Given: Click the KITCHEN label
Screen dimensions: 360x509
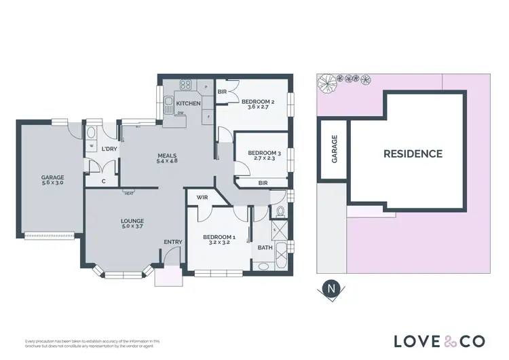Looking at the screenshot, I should (x=188, y=103).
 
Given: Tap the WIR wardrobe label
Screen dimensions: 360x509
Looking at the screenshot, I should (x=202, y=198).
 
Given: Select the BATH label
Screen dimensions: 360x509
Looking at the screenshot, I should (x=264, y=248).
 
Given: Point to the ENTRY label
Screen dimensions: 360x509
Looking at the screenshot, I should (x=172, y=242).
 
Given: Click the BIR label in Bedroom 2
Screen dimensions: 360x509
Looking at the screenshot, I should (x=222, y=91).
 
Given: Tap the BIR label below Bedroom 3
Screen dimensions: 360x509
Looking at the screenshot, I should (x=263, y=183).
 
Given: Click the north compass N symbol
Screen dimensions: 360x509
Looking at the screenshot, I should (x=331, y=289).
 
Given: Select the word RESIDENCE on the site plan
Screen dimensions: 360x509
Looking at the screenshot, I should (x=413, y=154).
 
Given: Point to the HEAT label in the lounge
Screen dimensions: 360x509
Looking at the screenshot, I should (x=128, y=193).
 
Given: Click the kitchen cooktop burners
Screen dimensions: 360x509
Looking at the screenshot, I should (x=185, y=86).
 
